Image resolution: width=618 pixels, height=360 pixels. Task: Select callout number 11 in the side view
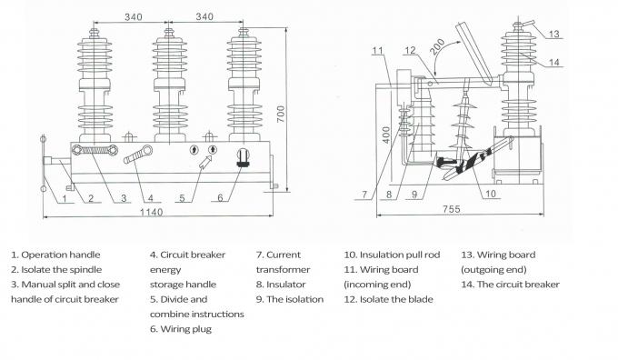tap(378, 51)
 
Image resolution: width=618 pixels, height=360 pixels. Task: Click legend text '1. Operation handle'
tap(55, 255)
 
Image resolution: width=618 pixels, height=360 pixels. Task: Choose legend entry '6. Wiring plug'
tap(181, 329)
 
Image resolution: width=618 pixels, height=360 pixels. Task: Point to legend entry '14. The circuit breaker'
tap(510, 285)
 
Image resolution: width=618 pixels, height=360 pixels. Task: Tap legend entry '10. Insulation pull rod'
tap(392, 255)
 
